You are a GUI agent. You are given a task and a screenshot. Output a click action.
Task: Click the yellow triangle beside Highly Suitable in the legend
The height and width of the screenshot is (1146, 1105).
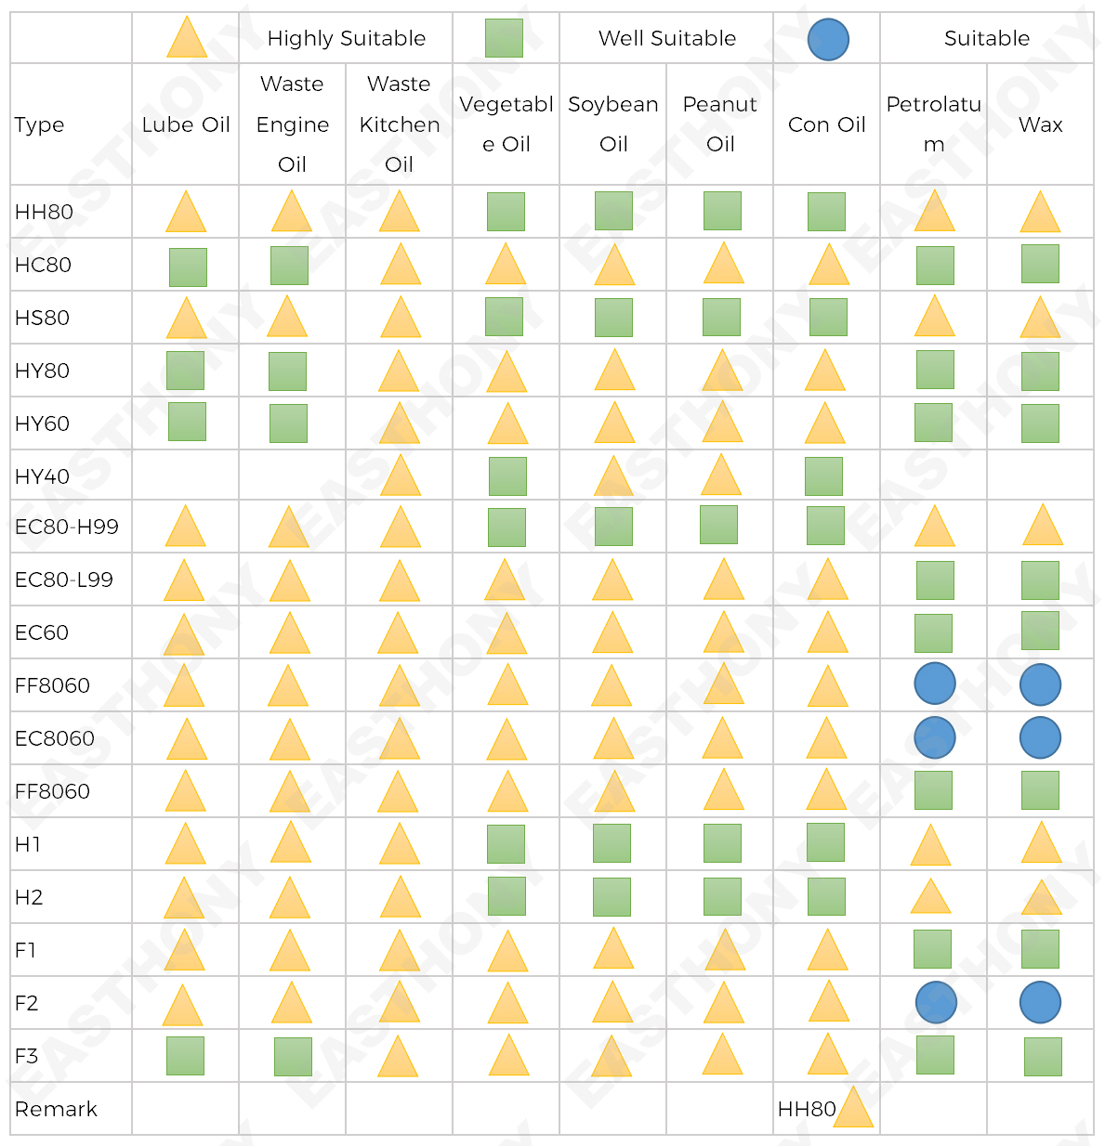click(186, 38)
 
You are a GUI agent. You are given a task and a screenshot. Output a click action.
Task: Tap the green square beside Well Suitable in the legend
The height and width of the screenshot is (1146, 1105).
click(504, 38)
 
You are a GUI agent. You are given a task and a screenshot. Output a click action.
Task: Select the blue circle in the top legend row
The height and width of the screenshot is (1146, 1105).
click(828, 40)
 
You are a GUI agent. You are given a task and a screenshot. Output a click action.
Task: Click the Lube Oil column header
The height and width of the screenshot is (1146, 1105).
click(186, 124)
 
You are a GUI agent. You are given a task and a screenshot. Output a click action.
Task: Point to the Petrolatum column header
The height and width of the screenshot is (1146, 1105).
click(933, 124)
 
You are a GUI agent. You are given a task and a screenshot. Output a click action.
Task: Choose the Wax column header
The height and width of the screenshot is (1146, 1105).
click(1040, 124)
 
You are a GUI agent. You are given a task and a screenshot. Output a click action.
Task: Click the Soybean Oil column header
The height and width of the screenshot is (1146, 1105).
click(613, 124)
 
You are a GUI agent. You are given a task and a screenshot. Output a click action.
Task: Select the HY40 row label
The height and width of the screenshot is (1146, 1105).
click(42, 476)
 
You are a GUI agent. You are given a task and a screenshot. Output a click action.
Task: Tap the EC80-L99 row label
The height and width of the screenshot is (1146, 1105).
click(64, 580)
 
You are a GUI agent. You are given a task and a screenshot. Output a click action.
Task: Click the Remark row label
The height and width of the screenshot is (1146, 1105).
click(56, 1109)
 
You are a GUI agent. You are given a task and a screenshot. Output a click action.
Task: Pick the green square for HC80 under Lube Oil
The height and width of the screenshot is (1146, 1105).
click(188, 267)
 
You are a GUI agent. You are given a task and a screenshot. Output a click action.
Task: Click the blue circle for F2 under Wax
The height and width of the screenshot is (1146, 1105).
click(1040, 1002)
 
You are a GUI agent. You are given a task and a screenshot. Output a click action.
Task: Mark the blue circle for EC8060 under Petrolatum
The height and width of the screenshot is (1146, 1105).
click(935, 737)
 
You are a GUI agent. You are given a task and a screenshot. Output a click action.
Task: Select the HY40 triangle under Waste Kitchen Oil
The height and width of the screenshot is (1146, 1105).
click(401, 476)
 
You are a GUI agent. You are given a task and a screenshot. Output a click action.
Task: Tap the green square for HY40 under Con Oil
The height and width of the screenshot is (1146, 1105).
click(823, 476)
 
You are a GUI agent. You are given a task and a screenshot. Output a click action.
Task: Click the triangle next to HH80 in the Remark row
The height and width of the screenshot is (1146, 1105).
click(853, 1108)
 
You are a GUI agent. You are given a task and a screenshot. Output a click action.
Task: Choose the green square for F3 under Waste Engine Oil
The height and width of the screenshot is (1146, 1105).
click(293, 1057)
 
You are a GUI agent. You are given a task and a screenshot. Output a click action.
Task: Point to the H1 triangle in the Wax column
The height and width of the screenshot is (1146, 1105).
click(1041, 843)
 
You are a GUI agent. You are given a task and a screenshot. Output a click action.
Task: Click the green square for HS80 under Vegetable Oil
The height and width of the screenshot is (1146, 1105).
click(504, 317)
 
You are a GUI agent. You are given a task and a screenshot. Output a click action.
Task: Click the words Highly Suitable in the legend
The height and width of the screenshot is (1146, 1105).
click(346, 38)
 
